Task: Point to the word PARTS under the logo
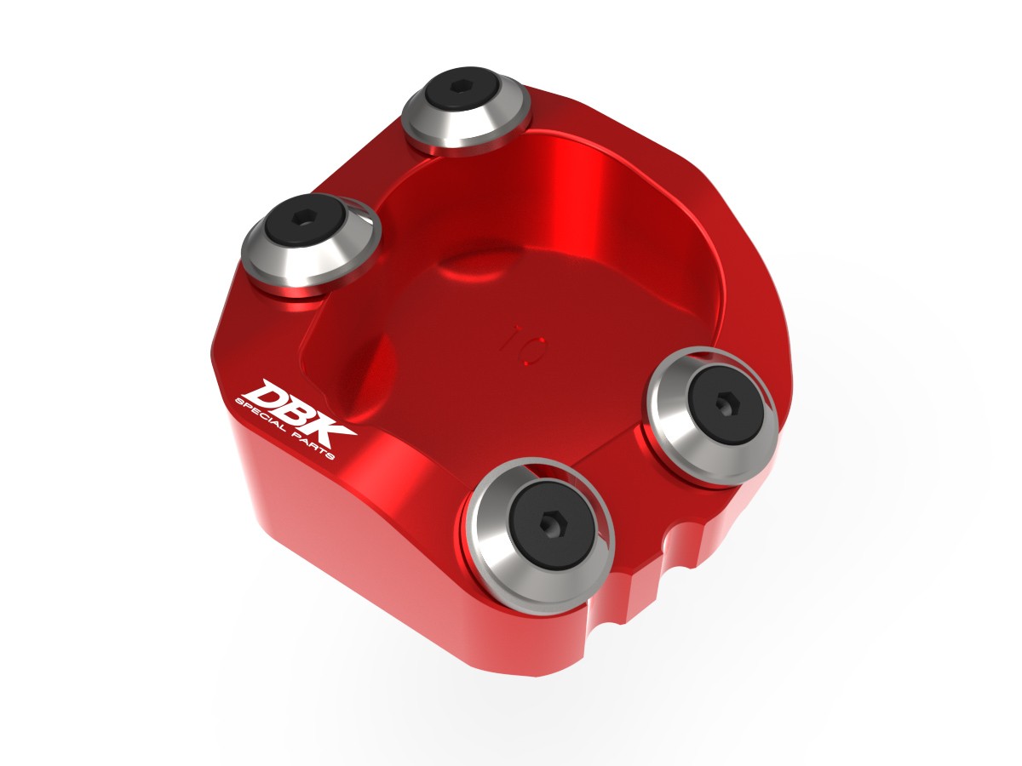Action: click(x=318, y=449)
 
